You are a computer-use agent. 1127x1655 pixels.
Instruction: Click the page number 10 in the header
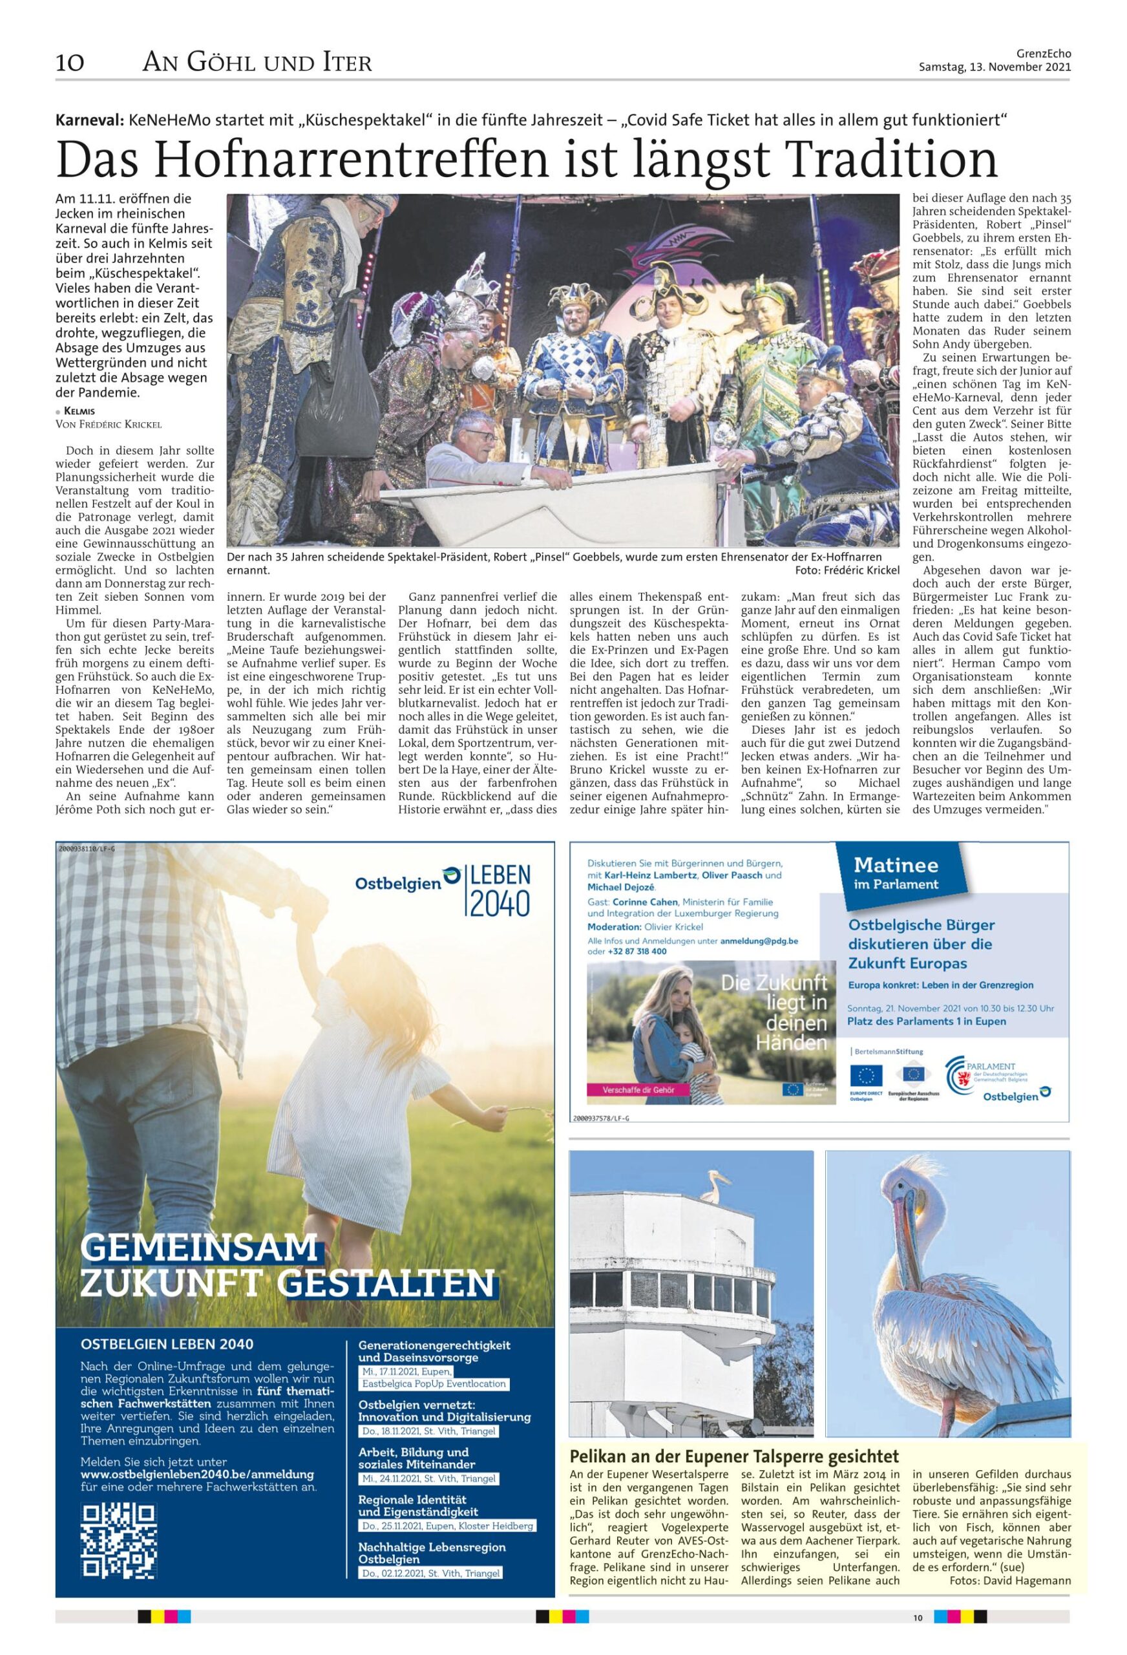pos(70,63)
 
